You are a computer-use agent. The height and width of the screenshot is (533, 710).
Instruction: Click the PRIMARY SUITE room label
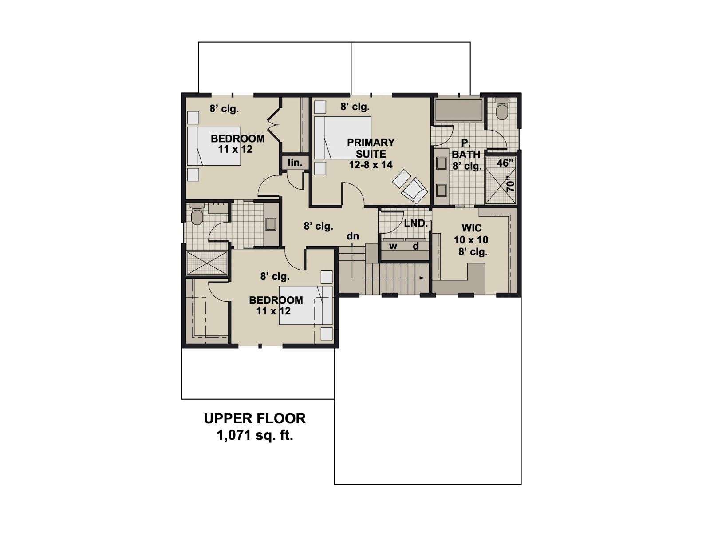click(x=371, y=153)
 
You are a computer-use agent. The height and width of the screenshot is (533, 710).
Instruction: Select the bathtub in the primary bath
click(x=458, y=109)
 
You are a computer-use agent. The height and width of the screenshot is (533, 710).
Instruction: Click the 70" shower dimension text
click(x=510, y=184)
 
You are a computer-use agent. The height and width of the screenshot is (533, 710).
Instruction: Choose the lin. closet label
click(x=295, y=163)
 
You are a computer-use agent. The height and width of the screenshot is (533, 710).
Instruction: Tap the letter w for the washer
click(x=393, y=246)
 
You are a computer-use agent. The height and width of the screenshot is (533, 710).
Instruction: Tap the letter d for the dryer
click(x=416, y=246)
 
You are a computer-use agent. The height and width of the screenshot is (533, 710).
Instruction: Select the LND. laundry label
click(x=416, y=223)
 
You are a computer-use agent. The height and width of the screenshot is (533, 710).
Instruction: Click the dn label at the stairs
click(x=353, y=236)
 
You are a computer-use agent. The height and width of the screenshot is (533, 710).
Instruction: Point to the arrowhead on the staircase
click(x=422, y=278)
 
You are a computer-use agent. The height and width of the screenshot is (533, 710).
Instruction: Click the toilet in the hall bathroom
click(x=196, y=214)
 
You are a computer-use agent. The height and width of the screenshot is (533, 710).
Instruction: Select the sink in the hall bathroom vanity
click(x=270, y=224)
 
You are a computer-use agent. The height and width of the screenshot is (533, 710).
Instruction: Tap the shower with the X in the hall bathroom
click(x=207, y=263)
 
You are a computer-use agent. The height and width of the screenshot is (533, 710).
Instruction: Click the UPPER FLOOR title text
click(x=255, y=418)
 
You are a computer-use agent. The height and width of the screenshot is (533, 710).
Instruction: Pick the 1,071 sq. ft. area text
click(x=255, y=436)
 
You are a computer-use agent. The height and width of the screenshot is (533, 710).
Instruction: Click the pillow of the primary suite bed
click(x=319, y=138)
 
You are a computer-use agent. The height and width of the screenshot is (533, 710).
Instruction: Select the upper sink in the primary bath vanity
click(x=441, y=163)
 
